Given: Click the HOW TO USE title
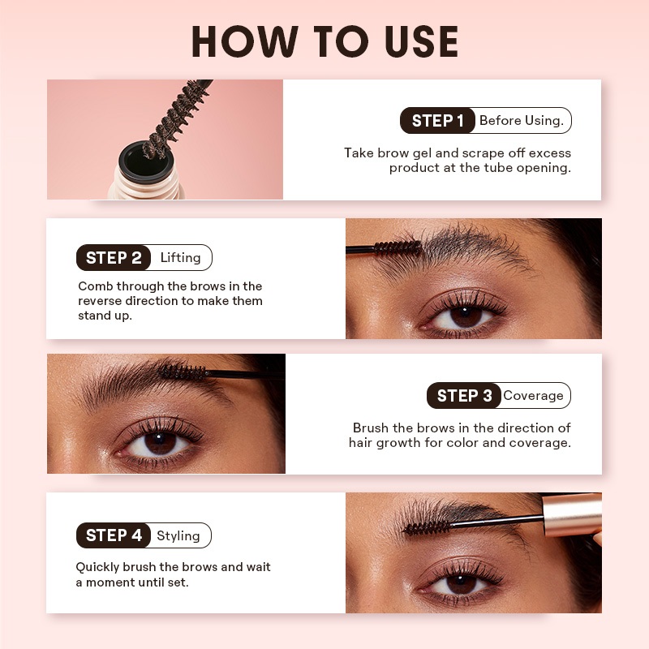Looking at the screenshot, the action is pyautogui.click(x=325, y=41).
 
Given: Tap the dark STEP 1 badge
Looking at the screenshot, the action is pyautogui.click(x=437, y=120).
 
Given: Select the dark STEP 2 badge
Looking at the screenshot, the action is pyautogui.click(x=114, y=257).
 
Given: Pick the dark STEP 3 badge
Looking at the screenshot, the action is pyautogui.click(x=464, y=395).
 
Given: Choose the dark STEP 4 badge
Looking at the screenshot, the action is pyautogui.click(x=114, y=535).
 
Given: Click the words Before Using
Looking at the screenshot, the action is pyautogui.click(x=522, y=120).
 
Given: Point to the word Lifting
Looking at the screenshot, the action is pyautogui.click(x=180, y=257).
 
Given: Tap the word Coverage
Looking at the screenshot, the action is pyautogui.click(x=533, y=396).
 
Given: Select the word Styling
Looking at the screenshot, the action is pyautogui.click(x=178, y=535).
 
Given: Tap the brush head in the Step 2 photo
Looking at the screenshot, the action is pyautogui.click(x=398, y=248).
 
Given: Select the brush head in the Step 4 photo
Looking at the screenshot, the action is pyautogui.click(x=428, y=527).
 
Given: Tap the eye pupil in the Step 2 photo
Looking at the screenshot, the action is pyautogui.click(x=466, y=316).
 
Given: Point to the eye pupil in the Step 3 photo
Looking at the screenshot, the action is pyautogui.click(x=160, y=442).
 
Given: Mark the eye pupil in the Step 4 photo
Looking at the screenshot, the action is pyautogui.click(x=461, y=583).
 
